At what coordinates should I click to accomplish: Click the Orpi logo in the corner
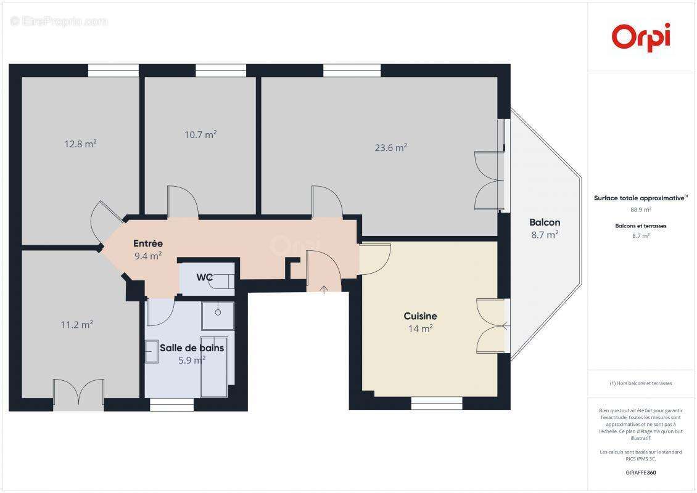(641, 36)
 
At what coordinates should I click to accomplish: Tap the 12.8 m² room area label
(80, 144)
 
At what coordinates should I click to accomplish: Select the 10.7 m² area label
(200, 134)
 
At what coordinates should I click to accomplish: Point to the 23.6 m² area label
(391, 147)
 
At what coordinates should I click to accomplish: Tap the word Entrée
(148, 243)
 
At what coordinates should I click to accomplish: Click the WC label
(205, 277)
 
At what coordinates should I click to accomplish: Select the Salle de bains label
(192, 348)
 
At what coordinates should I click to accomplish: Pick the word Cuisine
(420, 316)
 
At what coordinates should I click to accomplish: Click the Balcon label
(545, 222)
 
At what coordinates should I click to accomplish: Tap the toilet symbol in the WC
(220, 280)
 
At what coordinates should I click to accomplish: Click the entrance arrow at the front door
(324, 289)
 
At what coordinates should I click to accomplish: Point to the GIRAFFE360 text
(641, 473)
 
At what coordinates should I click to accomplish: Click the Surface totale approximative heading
(639, 198)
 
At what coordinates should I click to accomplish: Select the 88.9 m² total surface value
(641, 210)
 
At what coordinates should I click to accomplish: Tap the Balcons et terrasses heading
(641, 226)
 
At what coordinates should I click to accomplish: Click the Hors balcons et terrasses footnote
(641, 383)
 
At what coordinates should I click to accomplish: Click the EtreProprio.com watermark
(59, 22)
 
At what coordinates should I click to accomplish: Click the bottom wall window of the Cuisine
(437, 404)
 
